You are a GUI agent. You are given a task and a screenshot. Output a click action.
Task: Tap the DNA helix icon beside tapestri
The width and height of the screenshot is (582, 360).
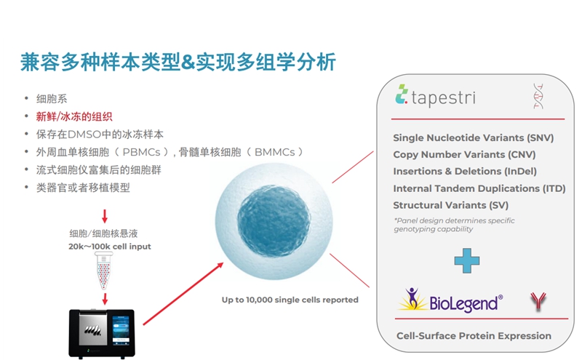538,96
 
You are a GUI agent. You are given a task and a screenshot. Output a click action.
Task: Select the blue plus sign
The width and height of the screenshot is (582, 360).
467,260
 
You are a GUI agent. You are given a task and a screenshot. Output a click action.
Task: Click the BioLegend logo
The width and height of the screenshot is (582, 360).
450,300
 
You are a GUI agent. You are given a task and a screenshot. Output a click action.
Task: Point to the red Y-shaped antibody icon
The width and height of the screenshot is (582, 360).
538,301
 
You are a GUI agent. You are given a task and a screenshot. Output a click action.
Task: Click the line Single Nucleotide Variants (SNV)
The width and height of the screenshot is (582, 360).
474,138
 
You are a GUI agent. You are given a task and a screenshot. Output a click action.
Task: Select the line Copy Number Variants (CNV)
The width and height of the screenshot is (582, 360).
464,155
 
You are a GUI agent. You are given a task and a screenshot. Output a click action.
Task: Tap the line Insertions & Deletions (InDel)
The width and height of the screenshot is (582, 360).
465,172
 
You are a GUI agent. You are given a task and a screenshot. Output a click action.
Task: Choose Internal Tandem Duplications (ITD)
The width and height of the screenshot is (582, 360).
479,188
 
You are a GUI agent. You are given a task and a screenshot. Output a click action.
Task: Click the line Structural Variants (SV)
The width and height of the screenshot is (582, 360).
450,205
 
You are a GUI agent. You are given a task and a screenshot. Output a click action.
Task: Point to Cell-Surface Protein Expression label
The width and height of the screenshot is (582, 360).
474,336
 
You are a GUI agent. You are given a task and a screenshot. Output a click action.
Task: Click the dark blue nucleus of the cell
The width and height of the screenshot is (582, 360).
274,221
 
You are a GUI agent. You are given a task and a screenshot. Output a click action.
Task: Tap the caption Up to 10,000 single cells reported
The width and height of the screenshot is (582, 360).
290,300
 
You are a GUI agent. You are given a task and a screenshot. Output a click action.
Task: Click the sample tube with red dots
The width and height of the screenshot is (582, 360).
104,271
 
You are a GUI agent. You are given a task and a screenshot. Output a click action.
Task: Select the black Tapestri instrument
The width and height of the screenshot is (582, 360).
102,334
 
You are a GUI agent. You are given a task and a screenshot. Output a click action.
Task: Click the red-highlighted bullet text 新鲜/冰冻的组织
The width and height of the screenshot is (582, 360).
74,117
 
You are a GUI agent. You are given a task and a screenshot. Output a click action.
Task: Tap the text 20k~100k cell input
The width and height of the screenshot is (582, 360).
110,247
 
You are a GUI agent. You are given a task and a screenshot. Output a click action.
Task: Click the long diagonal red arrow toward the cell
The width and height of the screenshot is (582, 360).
183,294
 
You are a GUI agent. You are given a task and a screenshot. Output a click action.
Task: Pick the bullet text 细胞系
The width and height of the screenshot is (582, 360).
52,99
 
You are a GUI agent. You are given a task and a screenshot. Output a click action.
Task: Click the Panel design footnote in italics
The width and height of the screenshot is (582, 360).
454,225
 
